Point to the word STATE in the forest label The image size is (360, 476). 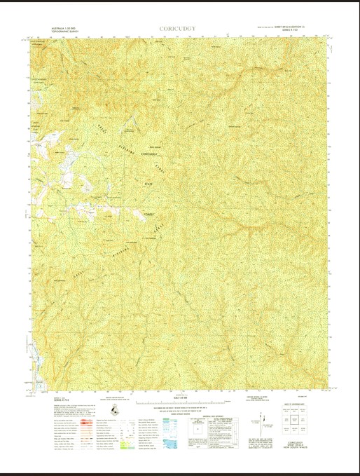(148, 184)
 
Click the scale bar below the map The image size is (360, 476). (180, 404)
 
